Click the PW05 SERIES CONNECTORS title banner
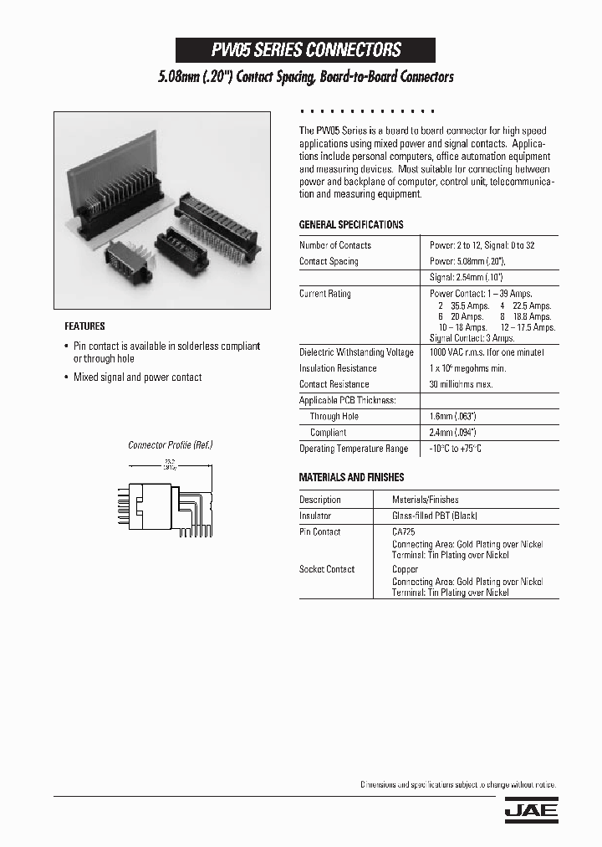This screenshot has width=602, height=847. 305,50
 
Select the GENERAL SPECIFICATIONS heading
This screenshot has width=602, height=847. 351,225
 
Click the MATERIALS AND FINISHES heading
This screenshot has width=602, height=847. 351,477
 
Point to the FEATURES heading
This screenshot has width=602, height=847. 84,326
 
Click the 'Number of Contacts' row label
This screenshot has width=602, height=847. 335,245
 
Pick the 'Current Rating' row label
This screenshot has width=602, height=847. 325,294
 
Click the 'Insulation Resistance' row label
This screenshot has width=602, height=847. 338,368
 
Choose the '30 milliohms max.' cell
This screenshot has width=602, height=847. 461,384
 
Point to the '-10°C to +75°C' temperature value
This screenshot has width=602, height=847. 456,449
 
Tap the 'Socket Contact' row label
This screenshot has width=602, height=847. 327,569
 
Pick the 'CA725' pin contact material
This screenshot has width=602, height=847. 404,531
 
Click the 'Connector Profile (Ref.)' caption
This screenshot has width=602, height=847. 170,445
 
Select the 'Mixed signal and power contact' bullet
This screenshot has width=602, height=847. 137,377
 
